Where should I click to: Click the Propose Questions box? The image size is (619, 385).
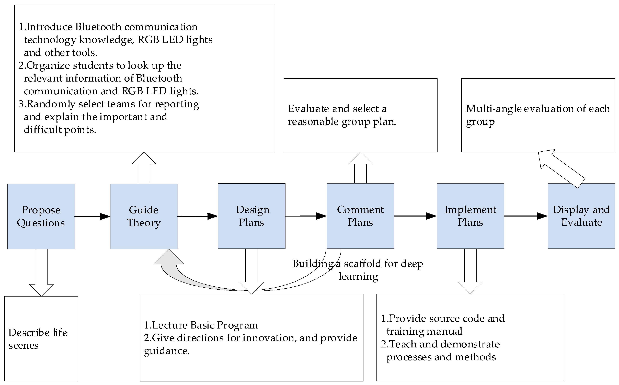pos(41,216)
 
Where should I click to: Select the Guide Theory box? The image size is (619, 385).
pos(144,216)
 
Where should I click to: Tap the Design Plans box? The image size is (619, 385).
pos(251,216)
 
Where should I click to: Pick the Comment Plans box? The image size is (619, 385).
pos(360,216)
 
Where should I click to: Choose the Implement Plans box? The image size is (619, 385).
pos(470,216)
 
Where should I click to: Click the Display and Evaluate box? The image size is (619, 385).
pos(581,216)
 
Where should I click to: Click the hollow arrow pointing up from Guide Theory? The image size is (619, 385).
pos(144,168)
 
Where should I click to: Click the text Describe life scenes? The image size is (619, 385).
pos(38,339)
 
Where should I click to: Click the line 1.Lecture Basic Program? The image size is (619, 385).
pos(201,325)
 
